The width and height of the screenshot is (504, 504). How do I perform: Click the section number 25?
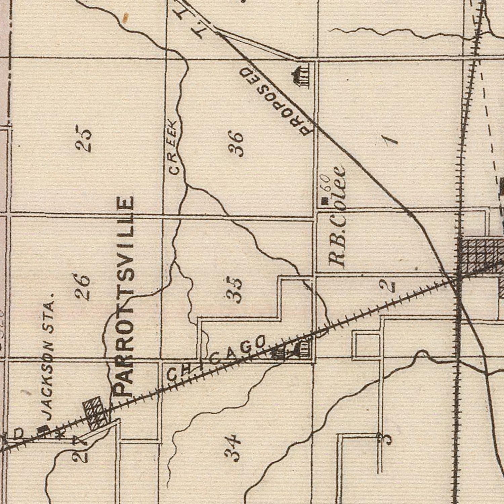83,139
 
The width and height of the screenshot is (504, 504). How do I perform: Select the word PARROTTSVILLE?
124,296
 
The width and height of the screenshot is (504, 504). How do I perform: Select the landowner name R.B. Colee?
337,215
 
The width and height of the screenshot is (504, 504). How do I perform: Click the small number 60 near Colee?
326,183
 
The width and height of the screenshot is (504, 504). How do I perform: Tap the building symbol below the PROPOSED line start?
301,77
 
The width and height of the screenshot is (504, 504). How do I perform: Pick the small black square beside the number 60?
324,202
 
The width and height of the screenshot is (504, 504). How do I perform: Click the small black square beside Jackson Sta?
43,429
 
